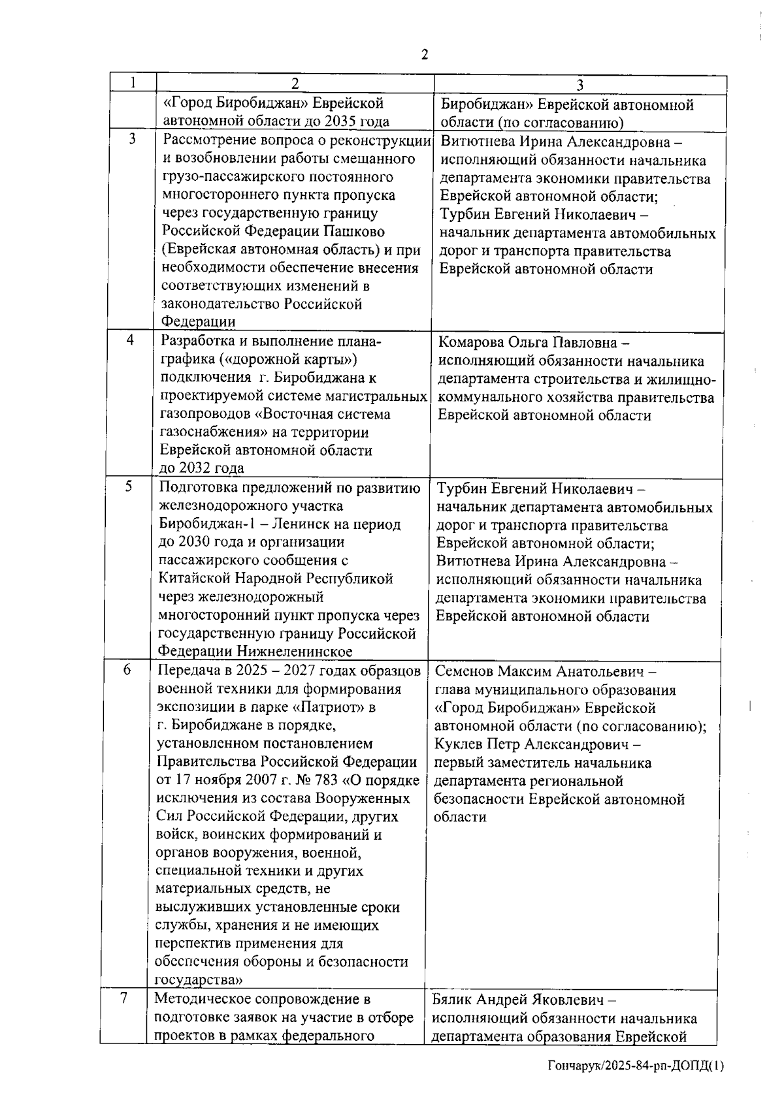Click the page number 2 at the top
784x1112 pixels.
coord(425,55)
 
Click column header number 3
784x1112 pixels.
coord(580,84)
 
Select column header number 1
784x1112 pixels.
coord(133,83)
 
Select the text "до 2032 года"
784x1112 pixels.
coord(202,468)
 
